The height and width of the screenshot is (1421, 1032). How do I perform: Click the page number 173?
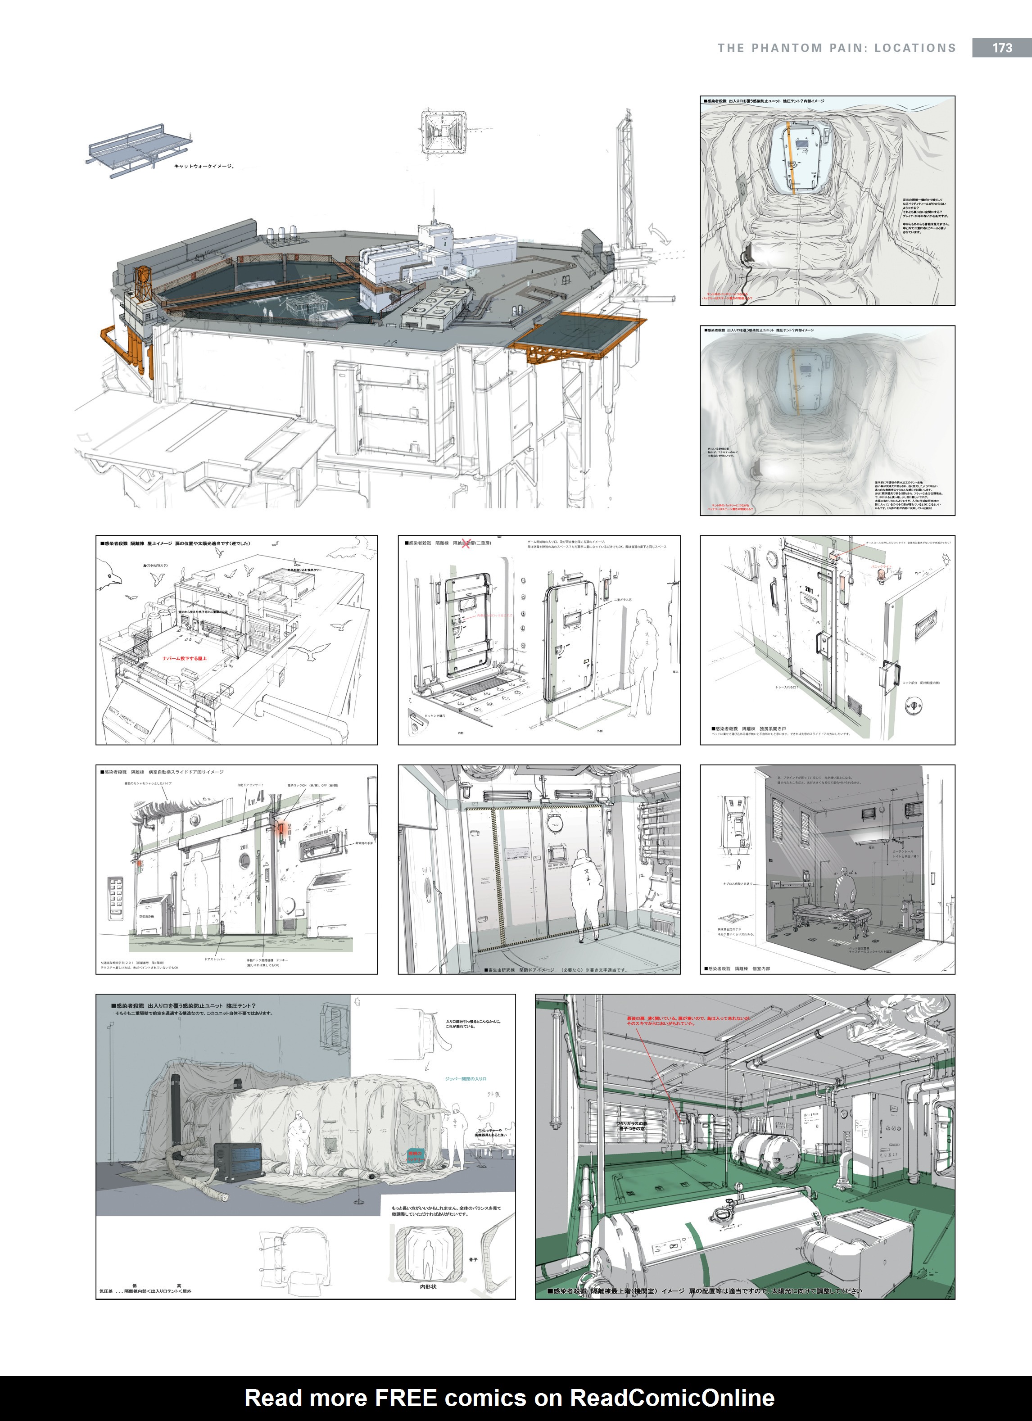(1002, 48)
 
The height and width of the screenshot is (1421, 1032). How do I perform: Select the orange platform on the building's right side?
(576, 338)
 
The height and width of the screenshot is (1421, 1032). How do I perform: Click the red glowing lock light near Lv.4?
(281, 830)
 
